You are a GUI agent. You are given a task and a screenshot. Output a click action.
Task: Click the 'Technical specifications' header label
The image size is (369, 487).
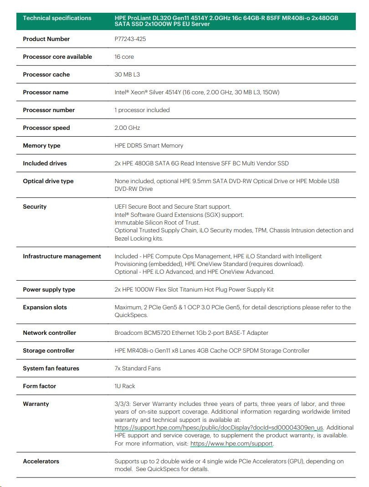pos(57,18)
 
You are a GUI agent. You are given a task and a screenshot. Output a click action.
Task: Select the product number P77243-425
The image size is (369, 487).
pos(130,39)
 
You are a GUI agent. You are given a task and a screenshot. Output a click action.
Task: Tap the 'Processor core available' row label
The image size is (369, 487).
pos(57,57)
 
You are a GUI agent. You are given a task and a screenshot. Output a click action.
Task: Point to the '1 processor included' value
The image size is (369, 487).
pos(142,110)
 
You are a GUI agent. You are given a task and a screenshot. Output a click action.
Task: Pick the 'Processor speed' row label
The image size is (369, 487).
pos(46,128)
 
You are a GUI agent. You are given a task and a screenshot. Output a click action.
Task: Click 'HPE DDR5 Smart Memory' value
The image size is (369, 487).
pos(149,146)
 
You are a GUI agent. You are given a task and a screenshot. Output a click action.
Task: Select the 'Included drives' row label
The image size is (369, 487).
pos(45,164)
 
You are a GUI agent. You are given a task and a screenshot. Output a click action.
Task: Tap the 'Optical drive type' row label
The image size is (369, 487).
pos(48,181)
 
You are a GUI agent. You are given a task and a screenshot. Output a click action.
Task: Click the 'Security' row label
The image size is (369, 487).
pos(35,207)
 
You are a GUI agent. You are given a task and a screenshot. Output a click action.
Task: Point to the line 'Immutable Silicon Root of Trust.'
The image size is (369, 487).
pos(157,223)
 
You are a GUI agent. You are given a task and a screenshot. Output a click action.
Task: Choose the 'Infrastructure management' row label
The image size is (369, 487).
pos(62,256)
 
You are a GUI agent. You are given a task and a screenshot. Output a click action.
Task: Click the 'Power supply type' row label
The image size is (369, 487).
pos(49,290)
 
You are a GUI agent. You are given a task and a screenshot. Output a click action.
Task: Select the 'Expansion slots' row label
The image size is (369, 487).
pos(45,308)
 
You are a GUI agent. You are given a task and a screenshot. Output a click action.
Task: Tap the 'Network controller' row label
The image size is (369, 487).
pos(50,333)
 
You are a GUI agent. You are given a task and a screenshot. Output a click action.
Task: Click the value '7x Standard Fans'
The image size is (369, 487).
pos(138,369)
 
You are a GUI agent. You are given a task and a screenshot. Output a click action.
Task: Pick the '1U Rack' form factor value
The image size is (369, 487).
pos(125,386)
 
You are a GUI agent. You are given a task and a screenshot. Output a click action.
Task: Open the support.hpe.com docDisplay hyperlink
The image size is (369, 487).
pos(219,428)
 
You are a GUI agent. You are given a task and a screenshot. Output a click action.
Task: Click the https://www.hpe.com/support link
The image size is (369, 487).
pos(231,444)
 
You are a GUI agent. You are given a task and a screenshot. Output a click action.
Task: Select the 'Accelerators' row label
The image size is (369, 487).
pos(41,461)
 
